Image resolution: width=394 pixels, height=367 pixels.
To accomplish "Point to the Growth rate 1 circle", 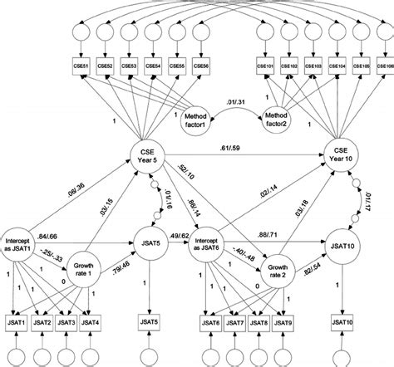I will pyautogui.click(x=81, y=263).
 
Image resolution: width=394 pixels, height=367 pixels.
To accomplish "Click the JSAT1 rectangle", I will pyautogui.click(x=17, y=321).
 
